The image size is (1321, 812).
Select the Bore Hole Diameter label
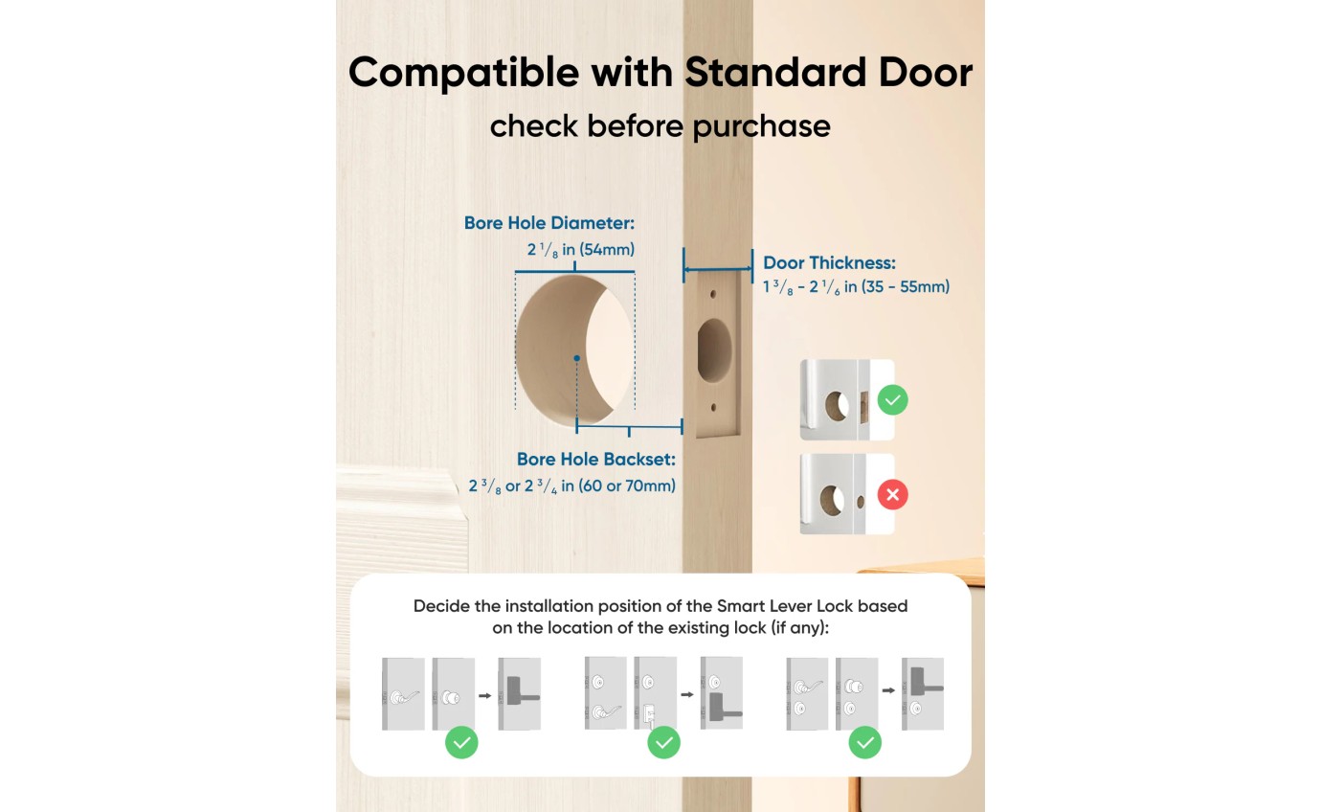click(549, 223)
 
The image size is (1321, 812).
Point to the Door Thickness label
click(829, 262)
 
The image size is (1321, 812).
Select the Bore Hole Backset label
click(595, 460)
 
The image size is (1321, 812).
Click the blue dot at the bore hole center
click(576, 359)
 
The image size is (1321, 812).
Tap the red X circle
click(892, 495)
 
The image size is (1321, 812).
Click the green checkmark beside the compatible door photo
click(892, 399)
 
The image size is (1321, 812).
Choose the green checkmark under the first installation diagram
click(461, 742)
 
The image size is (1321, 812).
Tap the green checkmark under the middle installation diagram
click(663, 742)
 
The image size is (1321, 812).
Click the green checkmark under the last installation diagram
click(864, 742)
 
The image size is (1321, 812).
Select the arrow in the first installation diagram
click(485, 694)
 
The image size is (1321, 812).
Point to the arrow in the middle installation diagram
click(687, 694)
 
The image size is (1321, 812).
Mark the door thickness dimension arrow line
click(717, 269)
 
